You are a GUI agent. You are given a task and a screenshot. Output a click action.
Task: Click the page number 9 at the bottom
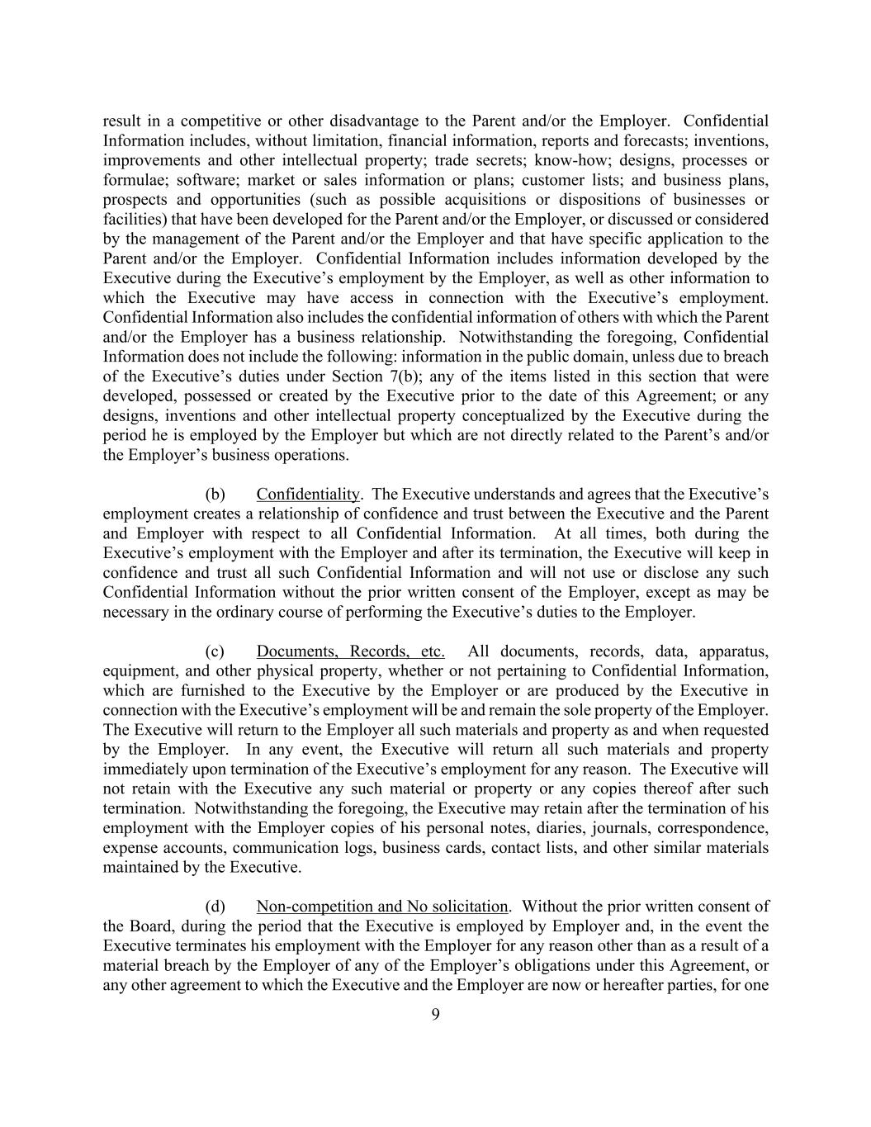(435, 1015)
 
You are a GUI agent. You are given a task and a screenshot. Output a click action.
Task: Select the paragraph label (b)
(215, 495)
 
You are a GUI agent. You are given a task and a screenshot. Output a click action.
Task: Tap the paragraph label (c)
(215, 651)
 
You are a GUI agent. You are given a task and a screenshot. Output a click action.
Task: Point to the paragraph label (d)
(215, 907)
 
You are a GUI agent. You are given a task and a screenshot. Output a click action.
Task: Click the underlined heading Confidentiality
(308, 495)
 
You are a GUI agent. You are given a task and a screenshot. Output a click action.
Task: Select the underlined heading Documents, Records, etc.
(350, 651)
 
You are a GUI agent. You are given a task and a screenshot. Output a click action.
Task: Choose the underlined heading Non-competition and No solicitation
(381, 907)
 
